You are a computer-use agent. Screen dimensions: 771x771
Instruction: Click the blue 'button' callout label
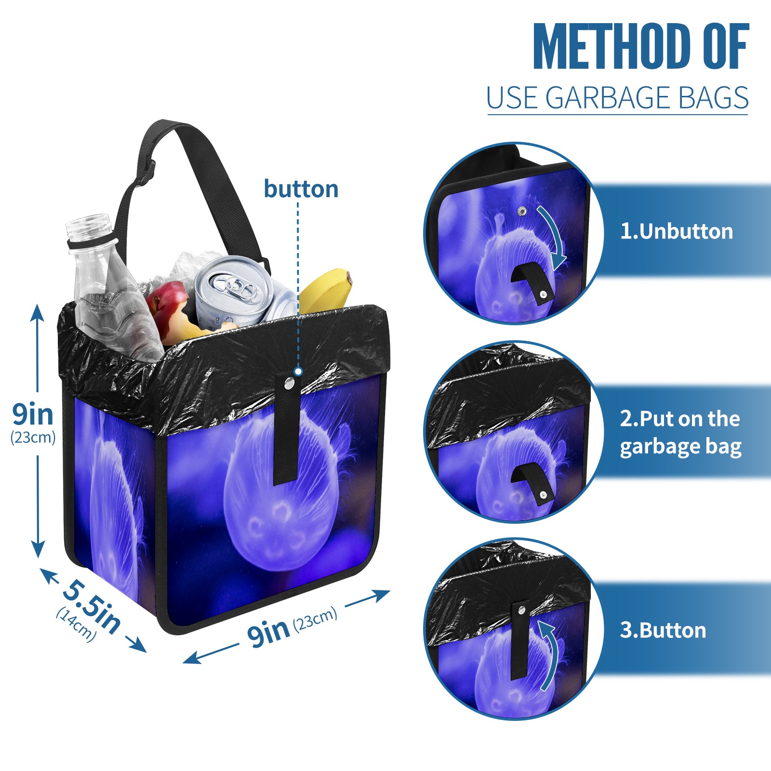tap(301, 189)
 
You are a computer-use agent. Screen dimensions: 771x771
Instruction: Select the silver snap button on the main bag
tap(289, 384)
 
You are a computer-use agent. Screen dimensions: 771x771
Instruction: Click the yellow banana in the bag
tap(328, 289)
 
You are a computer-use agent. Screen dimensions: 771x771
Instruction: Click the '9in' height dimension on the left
tap(33, 414)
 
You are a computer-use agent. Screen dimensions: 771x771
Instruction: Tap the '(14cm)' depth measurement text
tap(76, 625)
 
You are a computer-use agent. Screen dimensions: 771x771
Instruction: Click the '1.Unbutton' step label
tap(676, 231)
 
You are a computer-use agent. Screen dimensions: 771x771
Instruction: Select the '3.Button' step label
tap(663, 630)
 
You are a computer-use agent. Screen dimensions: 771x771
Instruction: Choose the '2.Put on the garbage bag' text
tap(680, 432)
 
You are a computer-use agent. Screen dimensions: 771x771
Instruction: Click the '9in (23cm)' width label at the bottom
tap(292, 627)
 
